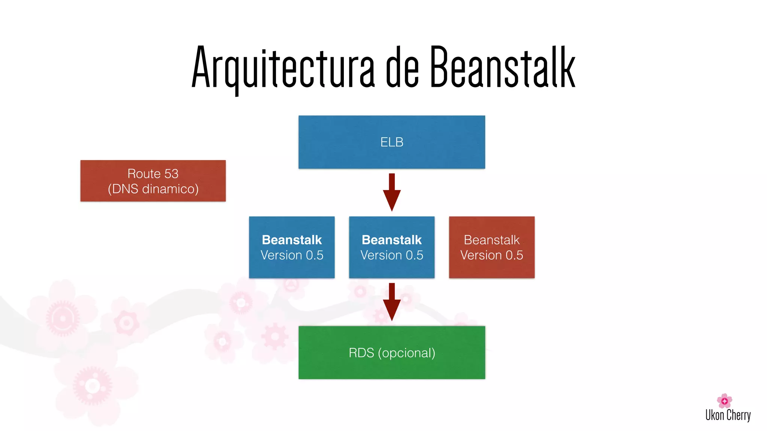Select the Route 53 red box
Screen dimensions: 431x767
pyautogui.click(x=153, y=181)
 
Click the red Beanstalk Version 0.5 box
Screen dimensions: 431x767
pyautogui.click(x=491, y=247)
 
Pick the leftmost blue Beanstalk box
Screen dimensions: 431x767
pyautogui.click(x=291, y=247)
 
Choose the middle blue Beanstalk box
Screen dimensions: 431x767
pyautogui.click(x=391, y=247)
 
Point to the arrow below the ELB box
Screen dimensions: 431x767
pyautogui.click(x=392, y=193)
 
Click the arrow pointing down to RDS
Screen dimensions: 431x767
pyautogui.click(x=392, y=302)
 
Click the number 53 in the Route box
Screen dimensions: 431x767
pyautogui.click(x=171, y=174)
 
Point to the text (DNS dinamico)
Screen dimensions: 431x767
pyautogui.click(x=153, y=189)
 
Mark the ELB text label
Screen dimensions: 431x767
pyautogui.click(x=392, y=142)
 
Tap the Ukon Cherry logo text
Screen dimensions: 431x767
pyautogui.click(x=728, y=415)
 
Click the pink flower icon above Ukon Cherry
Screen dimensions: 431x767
pyautogui.click(x=724, y=401)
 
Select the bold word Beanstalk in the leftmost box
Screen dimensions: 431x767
pyautogui.click(x=292, y=240)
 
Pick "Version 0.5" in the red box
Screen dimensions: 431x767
pyautogui.click(x=491, y=255)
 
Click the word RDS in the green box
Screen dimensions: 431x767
pyautogui.click(x=361, y=353)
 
